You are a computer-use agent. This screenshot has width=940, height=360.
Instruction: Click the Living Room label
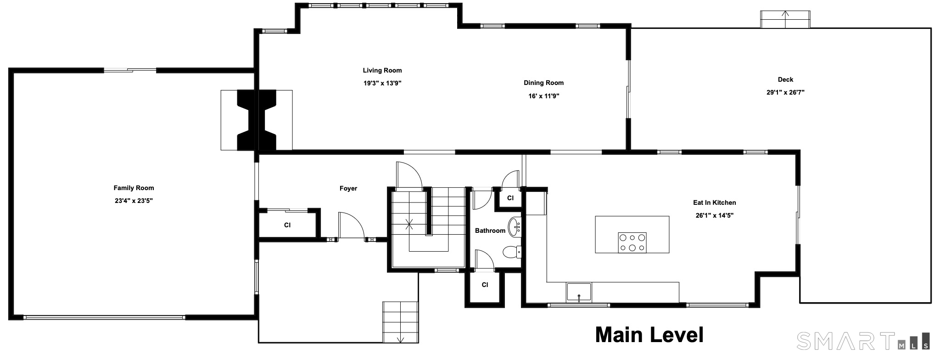(382, 70)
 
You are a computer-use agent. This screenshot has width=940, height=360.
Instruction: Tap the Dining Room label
(543, 83)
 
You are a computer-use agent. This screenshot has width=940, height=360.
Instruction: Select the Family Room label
(134, 188)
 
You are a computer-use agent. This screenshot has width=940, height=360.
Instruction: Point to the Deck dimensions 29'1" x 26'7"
(785, 92)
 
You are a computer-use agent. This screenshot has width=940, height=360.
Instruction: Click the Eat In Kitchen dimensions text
(714, 215)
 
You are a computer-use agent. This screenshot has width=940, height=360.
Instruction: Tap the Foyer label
(348, 188)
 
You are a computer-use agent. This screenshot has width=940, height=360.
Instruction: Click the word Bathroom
(490, 231)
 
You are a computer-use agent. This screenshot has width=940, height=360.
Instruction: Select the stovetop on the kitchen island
(632, 242)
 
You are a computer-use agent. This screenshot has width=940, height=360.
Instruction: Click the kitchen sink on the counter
(579, 292)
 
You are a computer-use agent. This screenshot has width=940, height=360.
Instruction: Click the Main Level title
(649, 335)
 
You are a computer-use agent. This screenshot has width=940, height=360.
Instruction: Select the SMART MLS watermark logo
(863, 340)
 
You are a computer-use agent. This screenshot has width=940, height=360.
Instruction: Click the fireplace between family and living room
(257, 120)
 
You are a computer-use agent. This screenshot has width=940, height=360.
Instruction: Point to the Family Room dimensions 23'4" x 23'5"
(134, 201)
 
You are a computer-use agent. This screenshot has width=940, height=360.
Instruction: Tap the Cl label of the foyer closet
(287, 225)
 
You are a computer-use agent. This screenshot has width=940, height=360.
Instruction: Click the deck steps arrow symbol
(785, 19)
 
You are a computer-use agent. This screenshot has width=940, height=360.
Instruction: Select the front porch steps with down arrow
(400, 322)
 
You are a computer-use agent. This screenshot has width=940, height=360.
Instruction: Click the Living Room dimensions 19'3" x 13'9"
(382, 83)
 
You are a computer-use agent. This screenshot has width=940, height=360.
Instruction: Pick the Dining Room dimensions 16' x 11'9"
(543, 96)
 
